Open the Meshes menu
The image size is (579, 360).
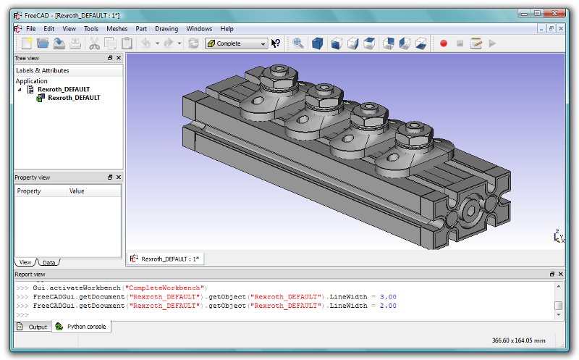coord(117,28)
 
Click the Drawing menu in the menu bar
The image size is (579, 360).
coord(166,28)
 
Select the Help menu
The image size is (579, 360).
coord(227,28)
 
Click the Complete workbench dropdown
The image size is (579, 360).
coord(236,43)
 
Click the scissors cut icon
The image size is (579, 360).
coord(94,43)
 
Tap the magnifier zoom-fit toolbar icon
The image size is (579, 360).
coord(298,43)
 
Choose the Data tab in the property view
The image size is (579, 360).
coord(49,262)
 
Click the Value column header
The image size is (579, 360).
coord(77,191)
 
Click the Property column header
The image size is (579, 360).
coord(29,191)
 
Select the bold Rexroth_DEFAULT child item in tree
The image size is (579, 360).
coord(74,98)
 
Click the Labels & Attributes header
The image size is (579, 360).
coord(43,70)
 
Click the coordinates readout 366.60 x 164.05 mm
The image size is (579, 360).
coord(518,340)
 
